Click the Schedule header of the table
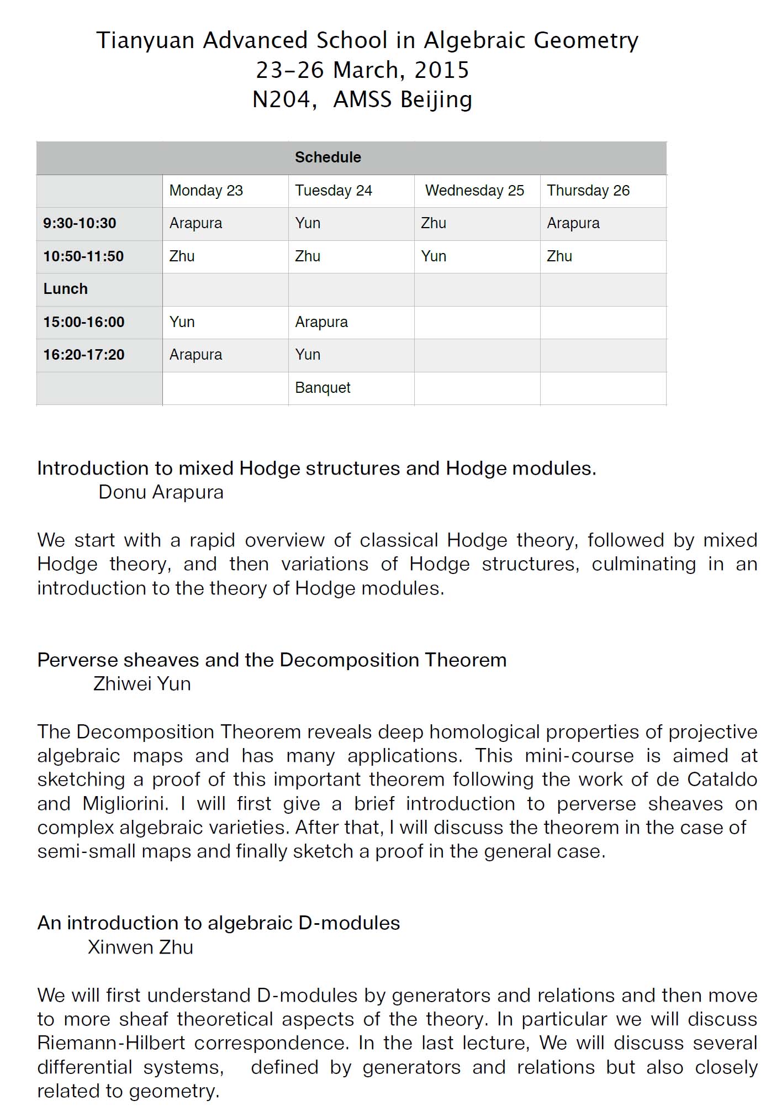click(328, 157)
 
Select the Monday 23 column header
click(206, 191)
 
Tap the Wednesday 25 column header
click(474, 191)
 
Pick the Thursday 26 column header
click(588, 191)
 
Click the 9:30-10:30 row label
click(80, 223)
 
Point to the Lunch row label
click(65, 289)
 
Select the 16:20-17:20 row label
click(84, 355)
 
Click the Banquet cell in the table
click(323, 388)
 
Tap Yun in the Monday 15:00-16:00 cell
click(182, 322)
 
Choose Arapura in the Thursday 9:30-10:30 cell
click(573, 223)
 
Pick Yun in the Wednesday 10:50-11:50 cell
click(434, 256)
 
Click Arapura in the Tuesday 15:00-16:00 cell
click(321, 322)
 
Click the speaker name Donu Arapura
click(161, 492)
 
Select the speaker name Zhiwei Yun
click(142, 684)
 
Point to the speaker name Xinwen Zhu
click(140, 947)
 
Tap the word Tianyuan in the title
click(145, 41)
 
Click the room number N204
click(282, 100)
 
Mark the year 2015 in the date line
click(441, 70)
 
